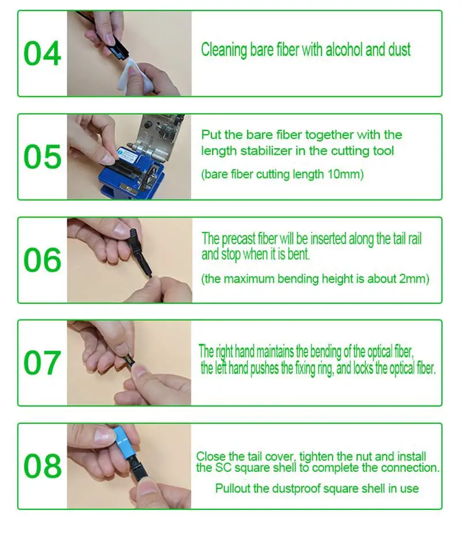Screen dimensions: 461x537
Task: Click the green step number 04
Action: coord(43,54)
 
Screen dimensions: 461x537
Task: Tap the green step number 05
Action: coord(43,156)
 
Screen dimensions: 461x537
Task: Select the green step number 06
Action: coord(43,260)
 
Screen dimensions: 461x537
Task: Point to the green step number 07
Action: coord(43,363)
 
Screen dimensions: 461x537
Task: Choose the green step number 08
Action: coord(43,466)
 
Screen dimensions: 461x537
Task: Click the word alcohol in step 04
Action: coord(344,50)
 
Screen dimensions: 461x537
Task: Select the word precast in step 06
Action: coord(239,239)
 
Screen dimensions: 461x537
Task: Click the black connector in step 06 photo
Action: coord(141,251)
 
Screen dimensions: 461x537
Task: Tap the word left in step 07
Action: coord(221,368)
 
